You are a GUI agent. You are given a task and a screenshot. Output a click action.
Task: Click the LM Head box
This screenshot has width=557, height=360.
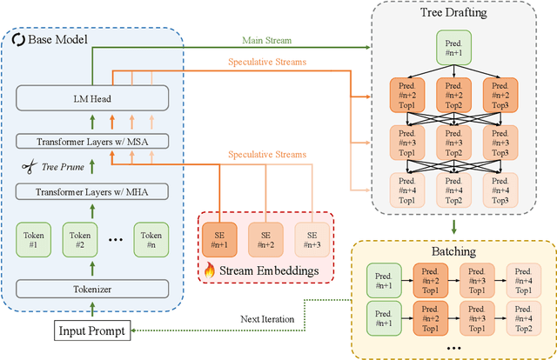tap(92, 98)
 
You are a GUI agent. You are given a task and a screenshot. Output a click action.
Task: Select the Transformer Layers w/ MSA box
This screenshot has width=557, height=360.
tap(92, 142)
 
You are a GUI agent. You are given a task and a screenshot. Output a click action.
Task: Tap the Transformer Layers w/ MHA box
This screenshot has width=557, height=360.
tap(92, 191)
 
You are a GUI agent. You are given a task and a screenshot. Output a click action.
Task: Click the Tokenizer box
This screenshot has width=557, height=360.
tap(92, 289)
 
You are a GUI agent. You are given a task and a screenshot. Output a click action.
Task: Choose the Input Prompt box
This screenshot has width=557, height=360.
tap(92, 330)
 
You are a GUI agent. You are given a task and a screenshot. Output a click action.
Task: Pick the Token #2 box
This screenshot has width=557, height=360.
tap(80, 240)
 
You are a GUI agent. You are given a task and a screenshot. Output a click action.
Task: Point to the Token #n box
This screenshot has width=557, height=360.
tap(151, 240)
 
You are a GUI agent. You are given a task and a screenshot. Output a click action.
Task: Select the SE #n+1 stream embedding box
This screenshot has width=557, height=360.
tap(219, 240)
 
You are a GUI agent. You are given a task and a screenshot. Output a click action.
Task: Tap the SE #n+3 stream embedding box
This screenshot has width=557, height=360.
tap(312, 240)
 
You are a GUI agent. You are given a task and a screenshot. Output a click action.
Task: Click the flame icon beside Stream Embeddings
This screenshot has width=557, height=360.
tap(209, 270)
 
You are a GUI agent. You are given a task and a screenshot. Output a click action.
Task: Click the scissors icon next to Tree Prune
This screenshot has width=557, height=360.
tap(29, 166)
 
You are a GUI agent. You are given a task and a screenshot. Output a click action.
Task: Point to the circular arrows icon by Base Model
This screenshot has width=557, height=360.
tap(18, 39)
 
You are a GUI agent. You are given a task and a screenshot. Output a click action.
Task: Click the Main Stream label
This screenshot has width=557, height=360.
tap(267, 41)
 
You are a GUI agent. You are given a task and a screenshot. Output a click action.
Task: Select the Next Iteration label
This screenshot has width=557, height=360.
tap(267, 319)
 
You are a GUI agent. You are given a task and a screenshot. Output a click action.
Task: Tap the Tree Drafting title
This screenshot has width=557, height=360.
tap(453, 12)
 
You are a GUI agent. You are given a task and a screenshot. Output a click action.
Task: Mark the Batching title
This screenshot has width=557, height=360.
tap(453, 251)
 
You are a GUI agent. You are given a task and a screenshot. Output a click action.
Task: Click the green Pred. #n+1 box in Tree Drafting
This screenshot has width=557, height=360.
tap(453, 48)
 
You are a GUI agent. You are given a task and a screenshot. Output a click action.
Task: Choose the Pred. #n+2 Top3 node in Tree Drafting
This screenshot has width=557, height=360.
tap(500, 95)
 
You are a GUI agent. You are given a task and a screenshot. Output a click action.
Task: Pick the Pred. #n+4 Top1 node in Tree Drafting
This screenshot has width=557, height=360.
tap(407, 190)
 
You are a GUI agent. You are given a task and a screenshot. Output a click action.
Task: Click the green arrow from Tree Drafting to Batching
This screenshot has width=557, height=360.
tap(453, 227)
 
